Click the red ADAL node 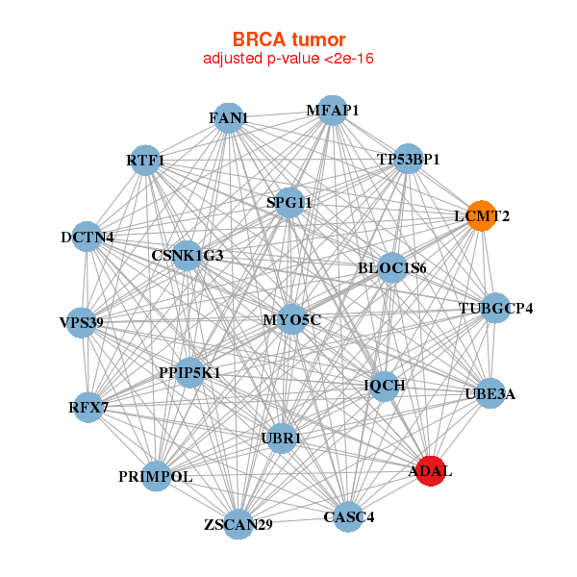431,470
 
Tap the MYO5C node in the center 291,319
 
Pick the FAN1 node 227,118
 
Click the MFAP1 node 331,111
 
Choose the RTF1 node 145,160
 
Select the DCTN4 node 88,237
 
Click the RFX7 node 88,408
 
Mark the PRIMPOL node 157,475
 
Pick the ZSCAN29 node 238,524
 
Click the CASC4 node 348,517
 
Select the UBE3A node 489,393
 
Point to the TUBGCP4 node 494,309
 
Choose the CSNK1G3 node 187,256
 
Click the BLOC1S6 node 391,267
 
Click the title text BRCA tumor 288,39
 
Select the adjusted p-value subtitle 288,59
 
